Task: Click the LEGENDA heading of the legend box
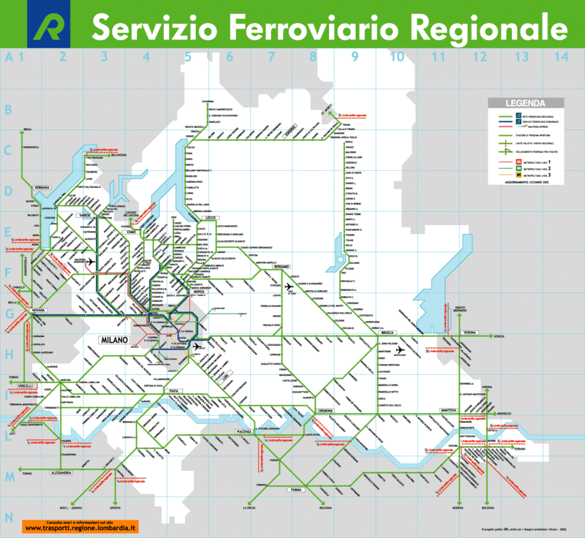point(521,103)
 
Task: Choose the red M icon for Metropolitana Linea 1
point(499,159)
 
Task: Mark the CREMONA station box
point(325,412)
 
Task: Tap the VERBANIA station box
point(41,188)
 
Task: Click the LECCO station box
point(213,218)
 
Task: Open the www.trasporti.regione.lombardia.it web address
point(80,528)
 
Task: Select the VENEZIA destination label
point(499,336)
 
